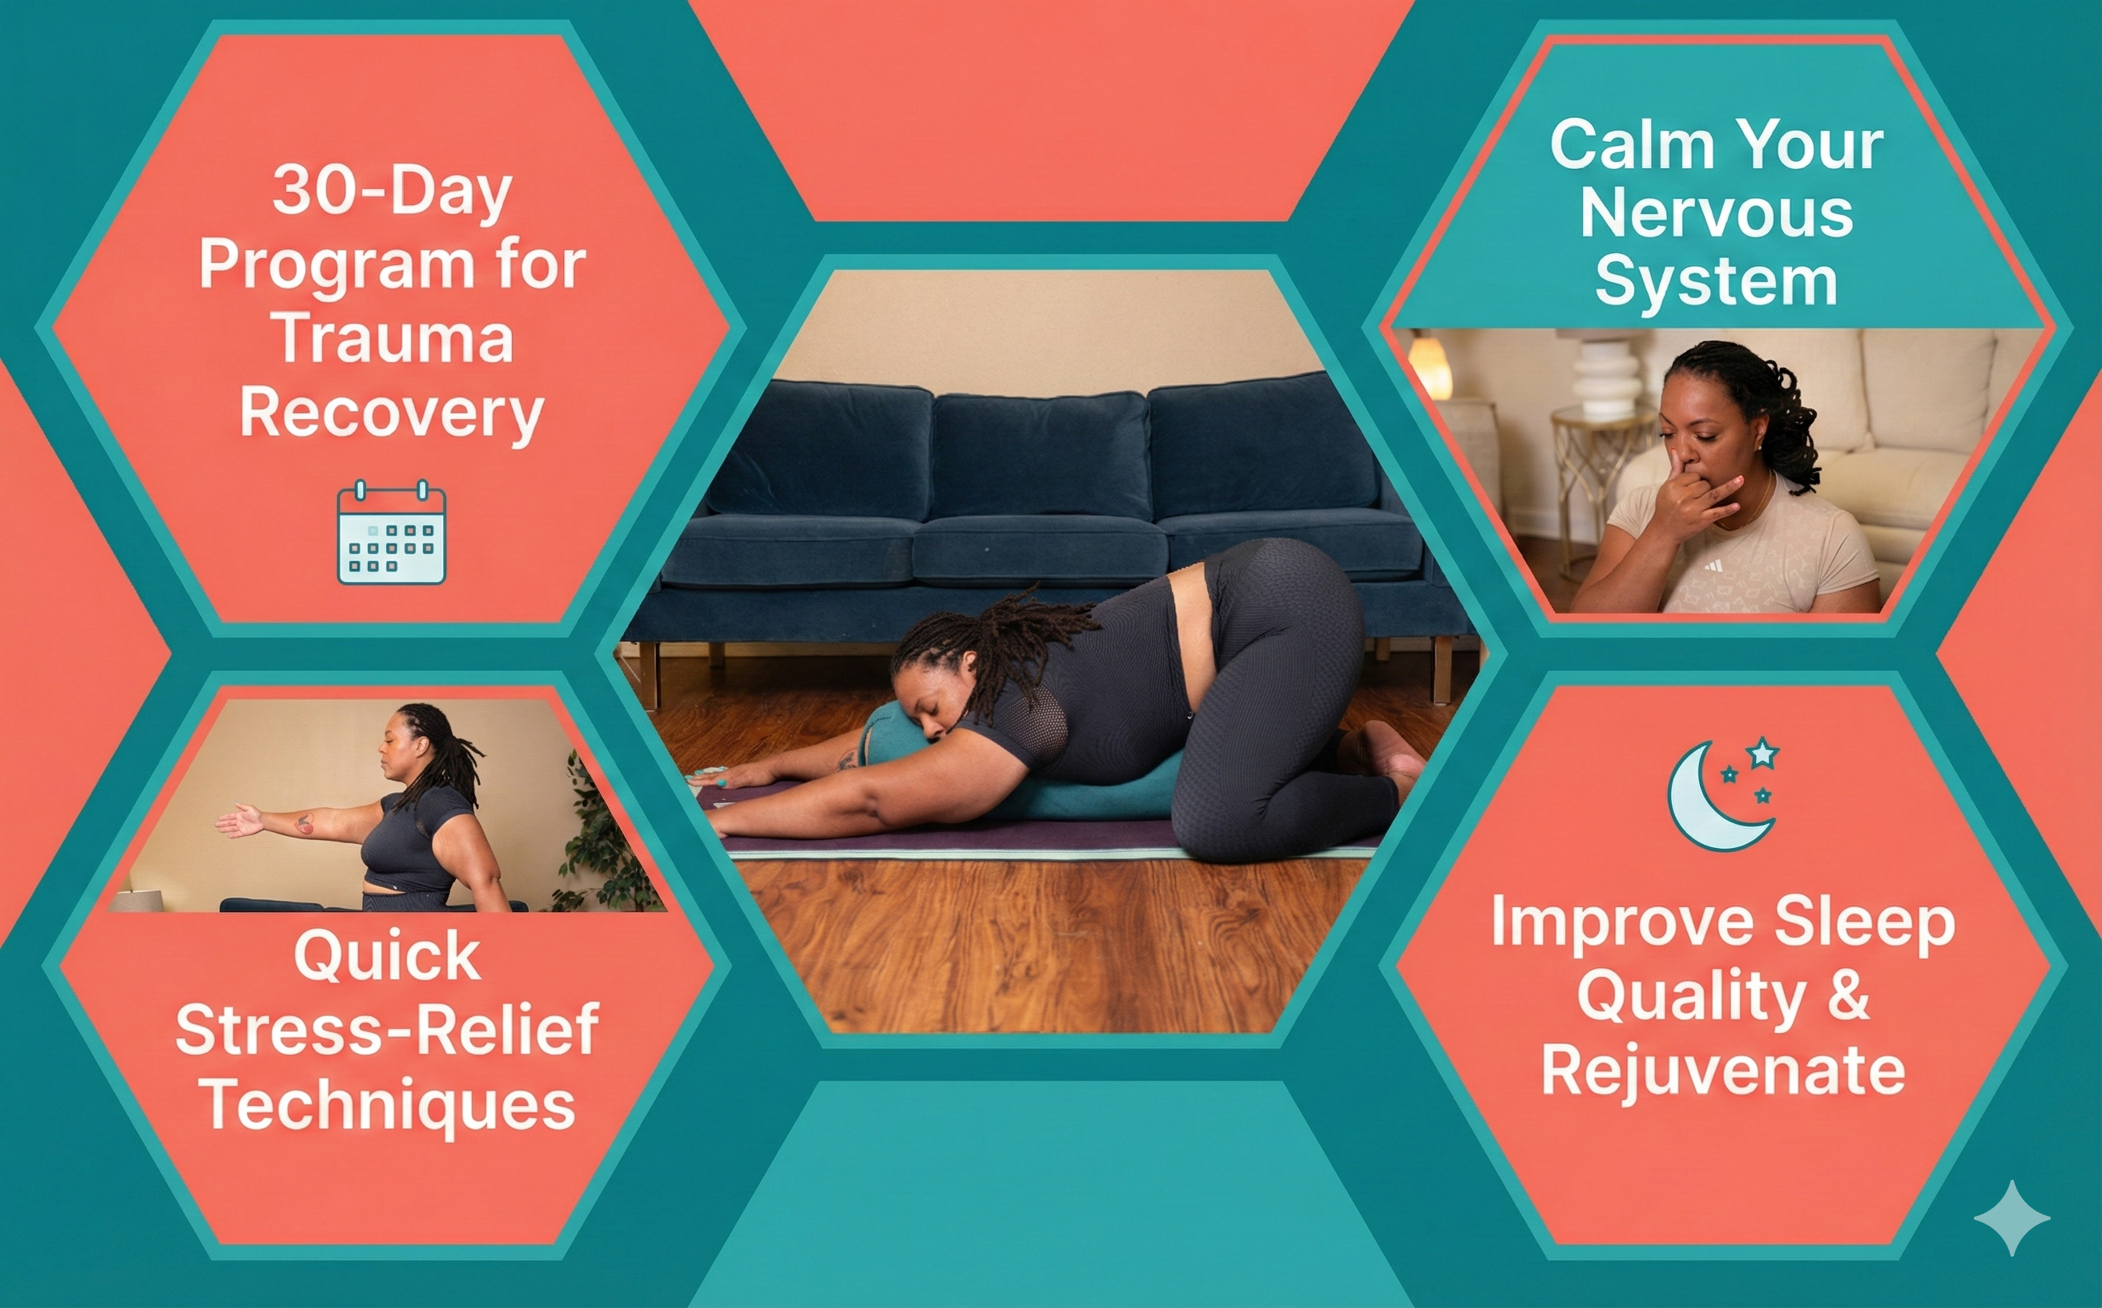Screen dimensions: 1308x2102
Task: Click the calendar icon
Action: (x=391, y=532)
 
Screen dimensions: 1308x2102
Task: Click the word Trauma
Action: (x=394, y=338)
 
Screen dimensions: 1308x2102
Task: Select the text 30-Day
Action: (x=392, y=189)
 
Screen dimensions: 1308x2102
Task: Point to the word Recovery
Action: (x=392, y=414)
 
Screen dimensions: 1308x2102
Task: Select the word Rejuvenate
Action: (x=1722, y=1071)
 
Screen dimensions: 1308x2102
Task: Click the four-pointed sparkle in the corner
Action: (x=2011, y=1217)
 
